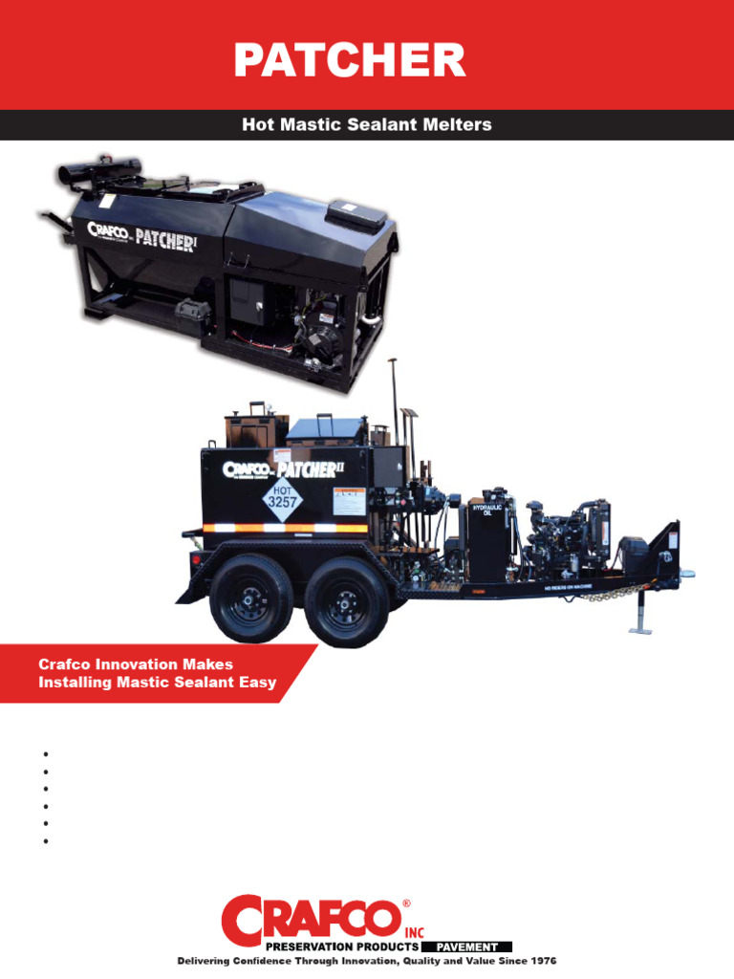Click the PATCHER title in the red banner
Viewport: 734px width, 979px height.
coord(350,60)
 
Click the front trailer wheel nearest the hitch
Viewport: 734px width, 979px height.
coord(347,599)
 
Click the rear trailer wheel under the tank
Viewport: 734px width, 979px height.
coord(251,598)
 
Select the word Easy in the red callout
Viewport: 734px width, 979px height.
coord(258,683)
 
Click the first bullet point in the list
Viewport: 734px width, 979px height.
coord(45,753)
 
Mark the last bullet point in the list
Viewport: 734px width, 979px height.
coord(45,841)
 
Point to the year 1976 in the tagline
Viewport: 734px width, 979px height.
coord(539,960)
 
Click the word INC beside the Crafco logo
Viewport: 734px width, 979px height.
coord(414,931)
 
